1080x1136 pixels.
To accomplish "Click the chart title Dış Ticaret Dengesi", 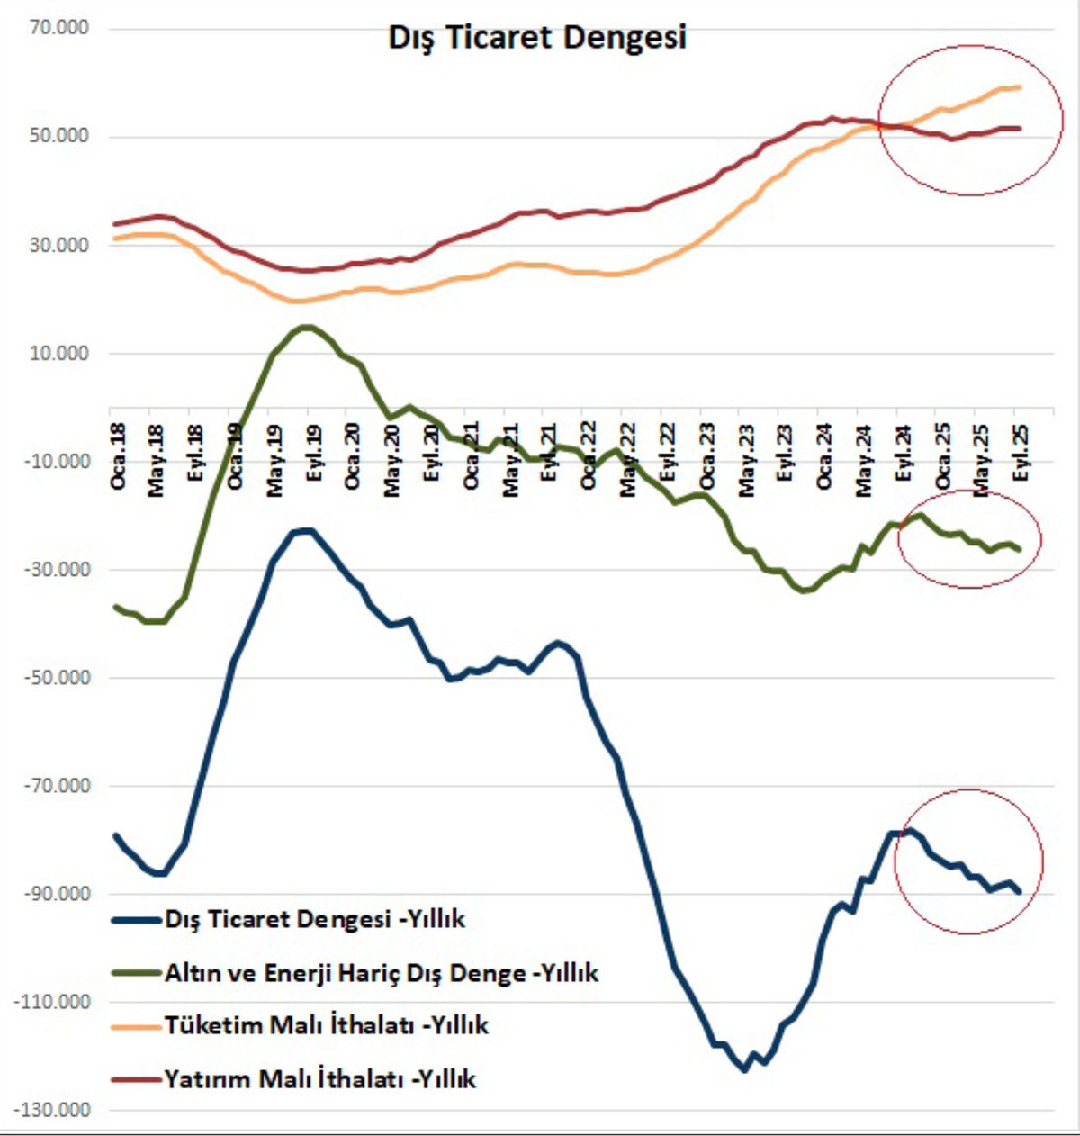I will (x=537, y=37).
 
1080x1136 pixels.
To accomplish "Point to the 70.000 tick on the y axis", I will (x=60, y=28).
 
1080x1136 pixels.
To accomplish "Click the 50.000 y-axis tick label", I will (x=60, y=136).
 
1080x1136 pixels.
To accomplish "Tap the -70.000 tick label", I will (x=57, y=786).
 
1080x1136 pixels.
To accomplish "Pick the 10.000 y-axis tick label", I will (x=60, y=353).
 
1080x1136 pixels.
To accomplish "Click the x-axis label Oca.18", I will (x=118, y=455).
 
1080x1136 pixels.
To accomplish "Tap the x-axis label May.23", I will (x=746, y=459).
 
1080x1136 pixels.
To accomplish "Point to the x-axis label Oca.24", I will (x=824, y=455).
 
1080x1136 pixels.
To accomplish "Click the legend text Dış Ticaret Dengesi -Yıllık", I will (x=315, y=919).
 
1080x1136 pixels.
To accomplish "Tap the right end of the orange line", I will (x=1020, y=87).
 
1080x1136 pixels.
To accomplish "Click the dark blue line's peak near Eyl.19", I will (x=306, y=530).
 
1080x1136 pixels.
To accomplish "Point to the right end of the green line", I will (x=1020, y=550).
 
